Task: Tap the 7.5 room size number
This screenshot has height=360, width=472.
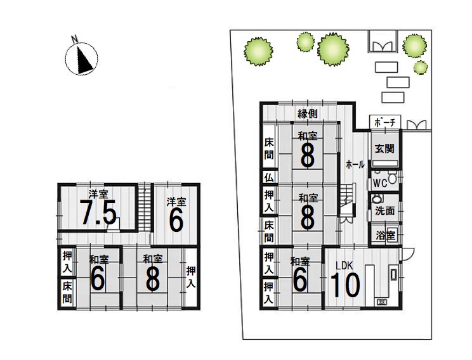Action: pyautogui.click(x=99, y=213)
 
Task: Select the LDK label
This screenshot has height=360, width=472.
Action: pyautogui.click(x=344, y=266)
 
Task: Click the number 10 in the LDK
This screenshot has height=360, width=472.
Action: pyautogui.click(x=345, y=285)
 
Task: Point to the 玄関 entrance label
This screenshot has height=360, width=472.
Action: pyautogui.click(x=384, y=148)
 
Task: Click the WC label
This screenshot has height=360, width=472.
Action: pyautogui.click(x=380, y=183)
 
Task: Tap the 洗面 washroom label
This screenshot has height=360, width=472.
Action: pyautogui.click(x=384, y=210)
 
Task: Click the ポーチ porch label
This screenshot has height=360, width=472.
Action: pyautogui.click(x=385, y=122)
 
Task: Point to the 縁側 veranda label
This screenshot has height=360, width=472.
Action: pyautogui.click(x=307, y=113)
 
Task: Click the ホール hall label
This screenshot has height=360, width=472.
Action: pyautogui.click(x=355, y=165)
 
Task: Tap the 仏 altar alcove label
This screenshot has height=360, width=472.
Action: pyautogui.click(x=269, y=177)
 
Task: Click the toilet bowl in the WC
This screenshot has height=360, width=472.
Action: pyautogui.click(x=392, y=177)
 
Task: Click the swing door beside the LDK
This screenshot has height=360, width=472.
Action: pyautogui.click(x=407, y=254)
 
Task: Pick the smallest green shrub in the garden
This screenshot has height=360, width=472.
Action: pyautogui.click(x=420, y=67)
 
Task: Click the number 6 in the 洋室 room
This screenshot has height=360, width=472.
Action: pyautogui.click(x=176, y=220)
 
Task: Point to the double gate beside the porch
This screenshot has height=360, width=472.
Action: pyautogui.click(x=417, y=125)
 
